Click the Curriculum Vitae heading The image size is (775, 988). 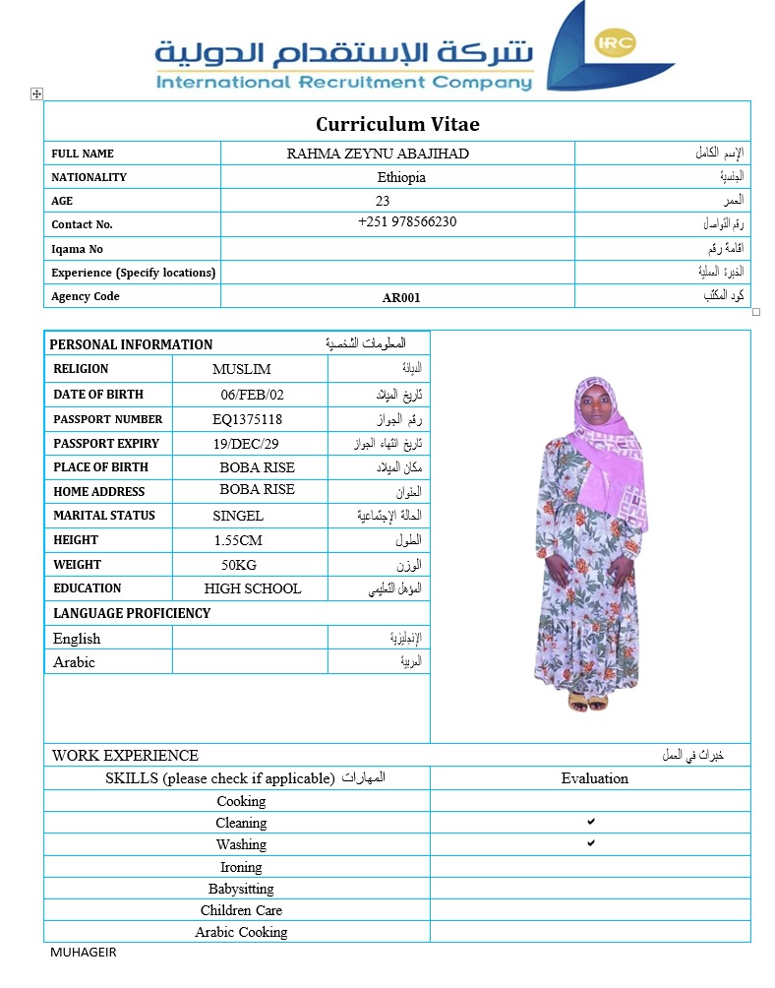click(397, 124)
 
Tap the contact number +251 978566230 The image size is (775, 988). click(407, 222)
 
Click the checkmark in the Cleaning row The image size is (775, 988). click(591, 821)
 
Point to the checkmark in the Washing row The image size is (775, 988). click(591, 843)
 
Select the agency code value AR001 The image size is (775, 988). click(401, 297)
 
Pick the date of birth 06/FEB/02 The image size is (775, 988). click(252, 395)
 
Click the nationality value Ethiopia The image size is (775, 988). click(401, 178)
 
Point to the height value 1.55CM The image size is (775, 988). click(238, 540)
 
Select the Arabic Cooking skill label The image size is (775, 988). click(241, 932)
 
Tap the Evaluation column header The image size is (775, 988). click(594, 778)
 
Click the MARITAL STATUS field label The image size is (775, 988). click(104, 516)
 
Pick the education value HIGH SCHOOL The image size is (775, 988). click(253, 588)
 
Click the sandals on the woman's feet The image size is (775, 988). click(587, 702)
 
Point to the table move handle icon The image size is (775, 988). click(37, 93)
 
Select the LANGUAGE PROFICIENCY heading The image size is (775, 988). click(132, 613)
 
